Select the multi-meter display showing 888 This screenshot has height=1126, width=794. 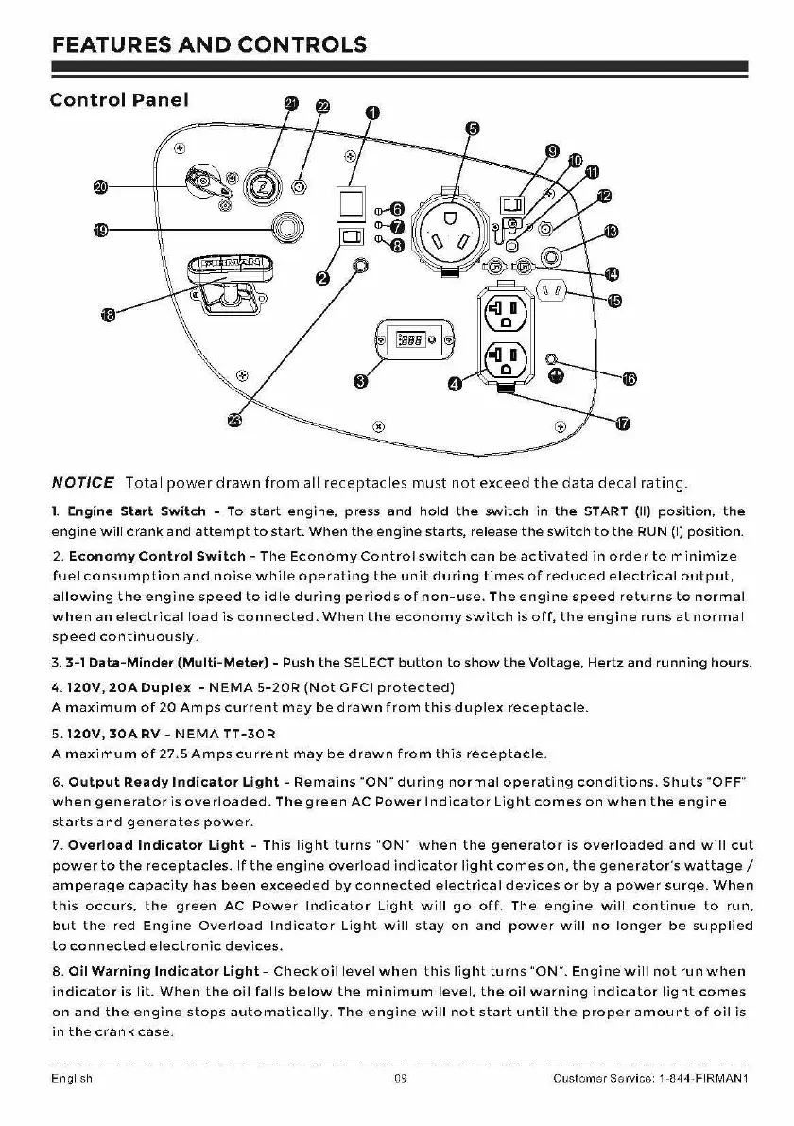click(x=415, y=338)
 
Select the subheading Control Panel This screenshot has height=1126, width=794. click(x=119, y=99)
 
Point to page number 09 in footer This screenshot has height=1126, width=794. click(x=400, y=1078)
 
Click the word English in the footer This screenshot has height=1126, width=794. click(x=72, y=1078)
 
